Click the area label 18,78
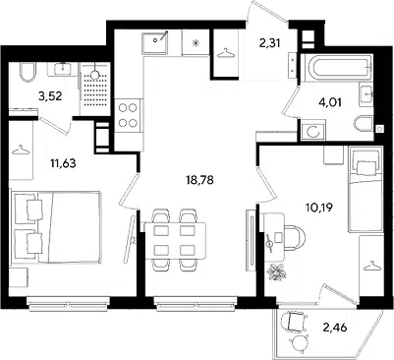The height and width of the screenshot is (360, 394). pyautogui.click(x=199, y=180)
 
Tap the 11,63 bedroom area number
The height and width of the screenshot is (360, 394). pyautogui.click(x=63, y=162)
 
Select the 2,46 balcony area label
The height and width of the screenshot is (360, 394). pyautogui.click(x=335, y=327)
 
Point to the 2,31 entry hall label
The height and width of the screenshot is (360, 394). pyautogui.click(x=269, y=43)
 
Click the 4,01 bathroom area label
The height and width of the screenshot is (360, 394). pyautogui.click(x=330, y=102)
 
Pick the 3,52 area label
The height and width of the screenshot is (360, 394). pyautogui.click(x=50, y=96)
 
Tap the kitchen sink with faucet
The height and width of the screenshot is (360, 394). pyautogui.click(x=155, y=43)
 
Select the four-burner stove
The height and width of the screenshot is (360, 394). pyautogui.click(x=128, y=115)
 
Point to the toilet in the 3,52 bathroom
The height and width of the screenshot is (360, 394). pyautogui.click(x=28, y=73)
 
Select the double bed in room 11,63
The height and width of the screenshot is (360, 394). pyautogui.click(x=55, y=227)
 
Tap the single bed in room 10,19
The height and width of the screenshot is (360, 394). pyautogui.click(x=366, y=189)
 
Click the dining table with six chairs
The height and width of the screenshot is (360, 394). pyautogui.click(x=176, y=240)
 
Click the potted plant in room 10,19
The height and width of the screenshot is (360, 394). pyautogui.click(x=277, y=271)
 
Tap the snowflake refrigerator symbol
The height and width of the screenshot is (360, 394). pyautogui.click(x=196, y=43)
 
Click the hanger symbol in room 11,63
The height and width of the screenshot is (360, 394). pyautogui.click(x=21, y=150)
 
